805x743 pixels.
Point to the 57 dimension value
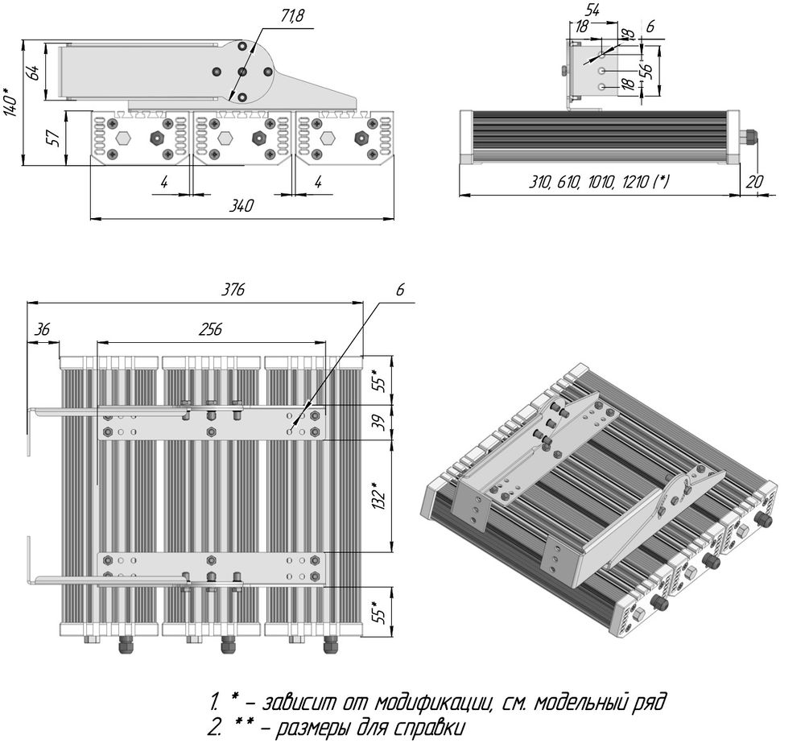[54, 138]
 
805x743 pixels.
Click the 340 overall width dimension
[241, 206]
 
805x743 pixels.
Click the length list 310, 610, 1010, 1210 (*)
[599, 182]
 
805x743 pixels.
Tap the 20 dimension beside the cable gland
[754, 182]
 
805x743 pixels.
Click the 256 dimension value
[210, 329]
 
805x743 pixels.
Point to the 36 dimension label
[43, 329]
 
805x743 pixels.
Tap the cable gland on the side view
[749, 137]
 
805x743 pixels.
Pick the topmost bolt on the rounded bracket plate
[242, 48]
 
